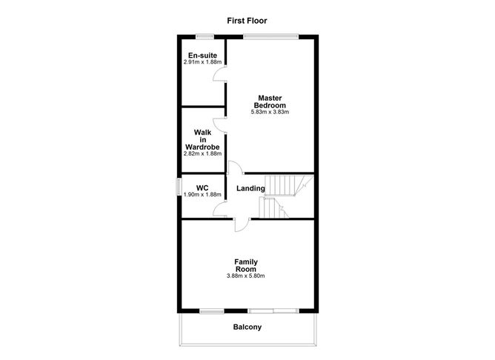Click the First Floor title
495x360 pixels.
point(247,21)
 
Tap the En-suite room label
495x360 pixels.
point(202,56)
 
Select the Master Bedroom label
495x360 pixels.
point(270,101)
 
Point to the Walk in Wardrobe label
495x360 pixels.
point(202,139)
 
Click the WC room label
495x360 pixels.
point(202,188)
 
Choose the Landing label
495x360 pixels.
point(250,188)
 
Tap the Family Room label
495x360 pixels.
point(246,265)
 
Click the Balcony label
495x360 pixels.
point(247,327)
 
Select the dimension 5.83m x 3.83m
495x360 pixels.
point(270,112)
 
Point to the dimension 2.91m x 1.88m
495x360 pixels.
point(202,61)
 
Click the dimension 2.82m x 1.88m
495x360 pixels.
point(202,153)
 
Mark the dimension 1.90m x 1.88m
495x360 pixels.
point(202,195)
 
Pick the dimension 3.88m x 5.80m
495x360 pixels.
point(245,276)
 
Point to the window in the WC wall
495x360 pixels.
point(179,187)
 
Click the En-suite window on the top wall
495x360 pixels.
point(205,37)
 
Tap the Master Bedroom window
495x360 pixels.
point(271,37)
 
